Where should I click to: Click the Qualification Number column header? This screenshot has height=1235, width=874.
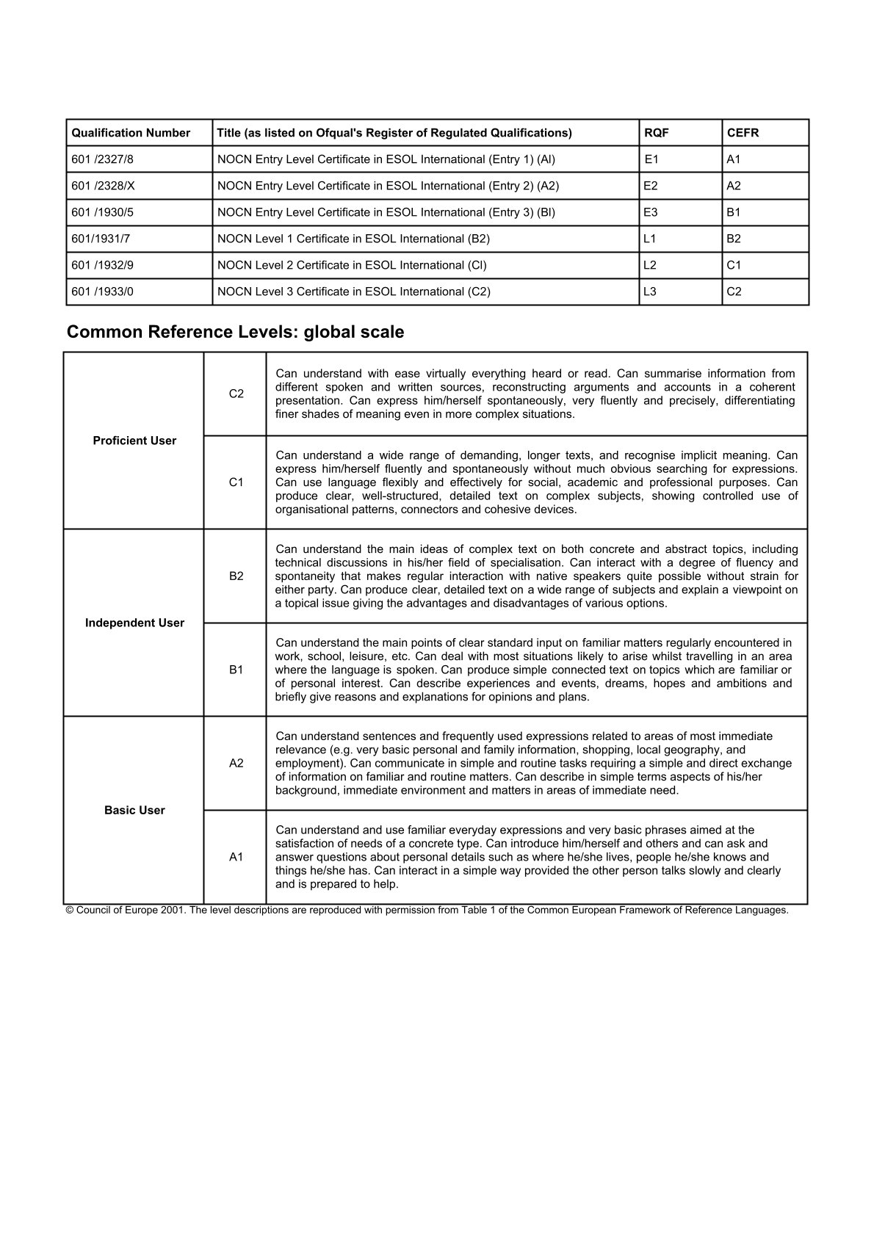131,133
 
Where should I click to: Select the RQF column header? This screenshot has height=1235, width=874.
656,133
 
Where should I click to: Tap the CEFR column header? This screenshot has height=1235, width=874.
743,133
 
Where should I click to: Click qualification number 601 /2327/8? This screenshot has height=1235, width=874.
103,159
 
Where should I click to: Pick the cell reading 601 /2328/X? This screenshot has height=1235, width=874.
104,186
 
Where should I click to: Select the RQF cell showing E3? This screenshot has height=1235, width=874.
650,212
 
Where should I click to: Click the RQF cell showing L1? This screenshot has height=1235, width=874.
649,239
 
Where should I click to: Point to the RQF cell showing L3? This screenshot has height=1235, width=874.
649,291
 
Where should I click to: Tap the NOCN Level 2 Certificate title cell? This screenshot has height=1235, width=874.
352,265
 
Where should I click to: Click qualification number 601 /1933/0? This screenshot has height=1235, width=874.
103,291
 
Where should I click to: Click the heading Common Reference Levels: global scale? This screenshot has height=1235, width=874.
235,332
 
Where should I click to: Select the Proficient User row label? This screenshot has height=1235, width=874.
134,441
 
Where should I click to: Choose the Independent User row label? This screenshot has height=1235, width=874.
134,623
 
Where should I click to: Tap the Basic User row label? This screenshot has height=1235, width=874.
134,810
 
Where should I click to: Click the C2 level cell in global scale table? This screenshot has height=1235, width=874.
236,394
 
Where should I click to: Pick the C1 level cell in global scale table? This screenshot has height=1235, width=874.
236,482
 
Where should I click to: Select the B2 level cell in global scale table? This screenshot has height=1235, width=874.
236,576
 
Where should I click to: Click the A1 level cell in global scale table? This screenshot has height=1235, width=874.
236,857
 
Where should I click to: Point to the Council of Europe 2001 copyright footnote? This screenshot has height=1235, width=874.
427,910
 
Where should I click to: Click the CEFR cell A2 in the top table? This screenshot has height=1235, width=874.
734,186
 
